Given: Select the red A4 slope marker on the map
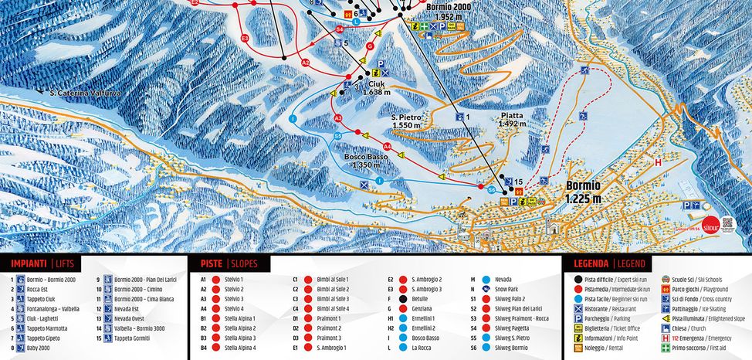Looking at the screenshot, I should (387, 145).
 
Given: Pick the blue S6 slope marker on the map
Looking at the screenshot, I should (491, 189).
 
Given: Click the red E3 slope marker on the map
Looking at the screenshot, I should (245, 37).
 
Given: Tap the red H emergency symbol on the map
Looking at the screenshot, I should (659, 162).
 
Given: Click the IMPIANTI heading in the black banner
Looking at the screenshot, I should (28, 263).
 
